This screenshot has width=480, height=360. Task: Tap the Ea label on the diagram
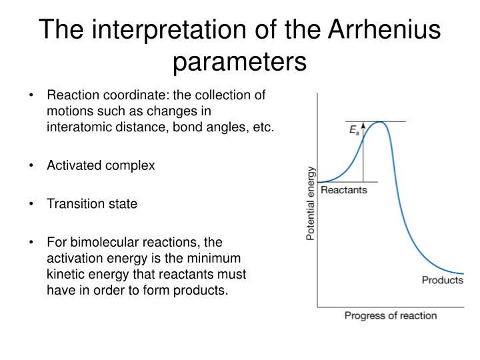[x=354, y=131]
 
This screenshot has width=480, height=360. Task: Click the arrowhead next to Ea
[x=363, y=125]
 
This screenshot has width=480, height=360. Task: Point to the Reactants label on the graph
[x=344, y=190]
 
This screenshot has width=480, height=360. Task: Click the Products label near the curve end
[x=442, y=280]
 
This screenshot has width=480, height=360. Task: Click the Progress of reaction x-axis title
[x=390, y=315]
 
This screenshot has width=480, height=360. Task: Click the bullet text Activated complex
[x=101, y=165]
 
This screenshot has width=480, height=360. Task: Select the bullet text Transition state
[x=92, y=204]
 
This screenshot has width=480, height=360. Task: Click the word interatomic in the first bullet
[x=77, y=127]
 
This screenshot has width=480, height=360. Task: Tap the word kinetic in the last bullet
[x=65, y=274]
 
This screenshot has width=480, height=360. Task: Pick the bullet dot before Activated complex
[x=32, y=166]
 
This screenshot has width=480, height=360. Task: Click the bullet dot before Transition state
[x=32, y=205]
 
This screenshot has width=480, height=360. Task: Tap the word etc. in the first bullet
[x=262, y=127]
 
